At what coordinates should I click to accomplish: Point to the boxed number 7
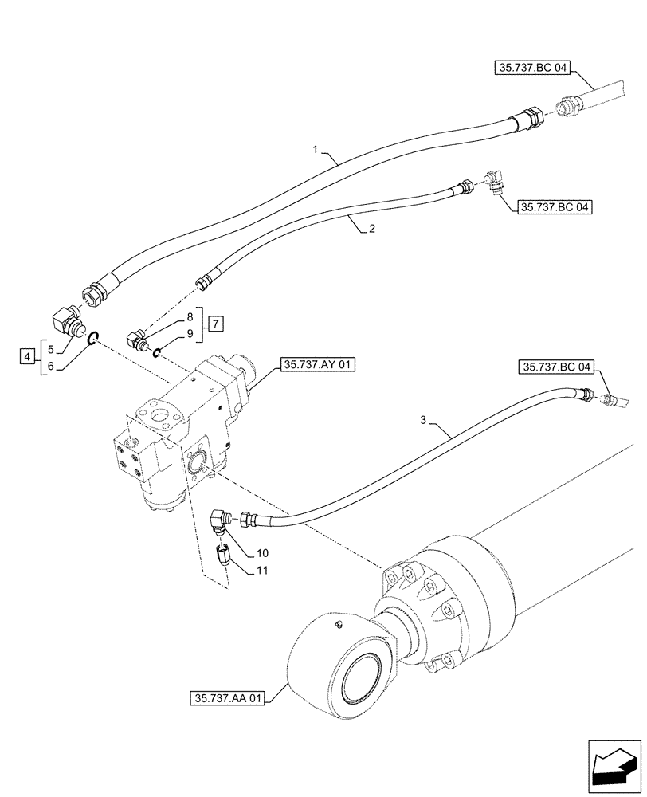216,324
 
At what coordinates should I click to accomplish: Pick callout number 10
263,552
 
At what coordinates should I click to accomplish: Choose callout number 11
263,571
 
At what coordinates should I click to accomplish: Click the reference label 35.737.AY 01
316,367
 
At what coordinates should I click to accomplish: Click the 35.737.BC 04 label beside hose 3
557,367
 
